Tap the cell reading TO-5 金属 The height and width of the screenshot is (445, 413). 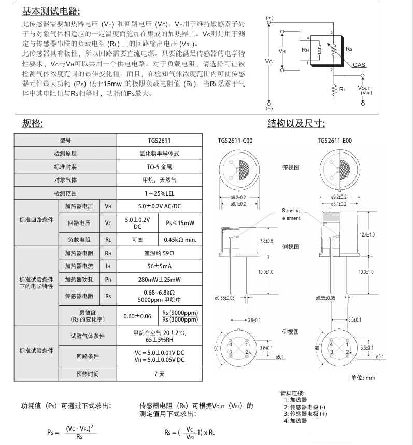pos(159,167)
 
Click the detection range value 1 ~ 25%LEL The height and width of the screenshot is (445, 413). pos(159,193)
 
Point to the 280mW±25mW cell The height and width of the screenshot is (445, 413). pos(159,280)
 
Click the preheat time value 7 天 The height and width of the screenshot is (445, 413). pos(159,373)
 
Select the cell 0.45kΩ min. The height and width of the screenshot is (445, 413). pos(182,240)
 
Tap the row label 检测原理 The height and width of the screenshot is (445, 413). pos(65,154)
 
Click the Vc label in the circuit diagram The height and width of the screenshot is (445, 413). pos(268,61)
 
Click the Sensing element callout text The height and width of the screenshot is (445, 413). pos(291,214)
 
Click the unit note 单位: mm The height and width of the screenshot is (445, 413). pos(363,377)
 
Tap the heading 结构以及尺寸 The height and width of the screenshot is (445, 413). pos(296,123)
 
